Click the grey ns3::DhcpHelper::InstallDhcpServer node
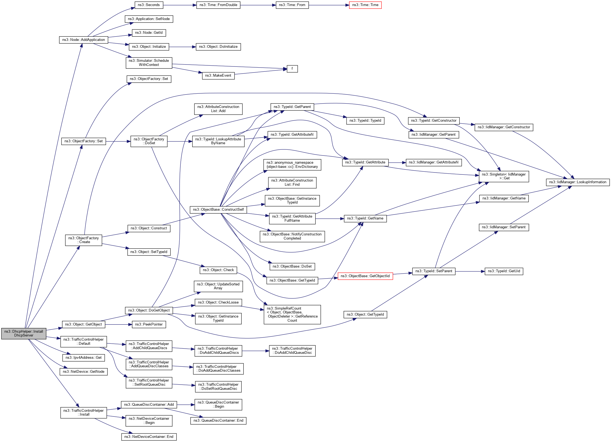click(x=24, y=333)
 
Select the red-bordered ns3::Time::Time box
click(x=365, y=5)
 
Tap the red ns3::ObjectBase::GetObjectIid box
click(x=365, y=276)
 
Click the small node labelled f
click(x=292, y=69)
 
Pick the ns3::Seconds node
click(x=149, y=5)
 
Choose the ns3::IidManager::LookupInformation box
click(x=577, y=182)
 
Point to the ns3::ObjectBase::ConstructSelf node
click(x=218, y=210)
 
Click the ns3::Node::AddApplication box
click(x=83, y=40)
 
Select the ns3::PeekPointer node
click(x=149, y=324)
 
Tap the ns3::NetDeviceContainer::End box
click(x=149, y=437)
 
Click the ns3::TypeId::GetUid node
click(x=504, y=271)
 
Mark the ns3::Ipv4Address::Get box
click(x=83, y=358)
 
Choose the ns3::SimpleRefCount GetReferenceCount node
click(x=292, y=315)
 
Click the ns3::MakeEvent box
click(x=218, y=76)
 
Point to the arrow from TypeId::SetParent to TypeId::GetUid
click(x=470, y=271)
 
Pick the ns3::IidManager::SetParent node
click(x=504, y=227)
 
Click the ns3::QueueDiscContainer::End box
click(x=218, y=421)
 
